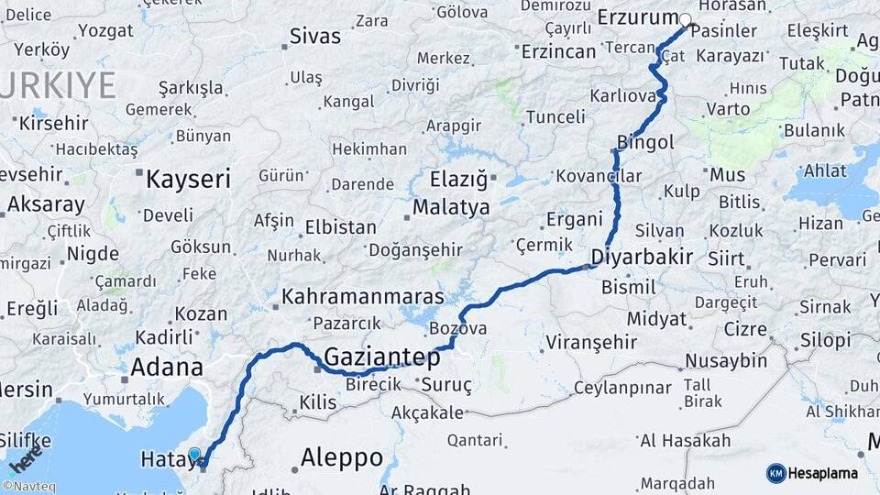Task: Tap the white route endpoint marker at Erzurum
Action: [x=685, y=19]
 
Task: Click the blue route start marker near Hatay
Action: [x=194, y=454]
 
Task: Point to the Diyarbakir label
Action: [x=642, y=257]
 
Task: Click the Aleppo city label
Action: [x=342, y=457]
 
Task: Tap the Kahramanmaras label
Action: [x=363, y=297]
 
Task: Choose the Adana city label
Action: [x=167, y=368]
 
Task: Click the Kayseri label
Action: [x=188, y=179]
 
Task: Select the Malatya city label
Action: [x=451, y=207]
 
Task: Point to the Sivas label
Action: [x=314, y=37]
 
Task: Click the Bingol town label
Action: [x=646, y=142]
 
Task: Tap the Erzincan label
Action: [x=558, y=51]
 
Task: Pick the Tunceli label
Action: [x=555, y=116]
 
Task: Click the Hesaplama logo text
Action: [x=823, y=473]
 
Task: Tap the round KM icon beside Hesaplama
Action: [x=776, y=473]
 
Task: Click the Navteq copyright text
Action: [x=28, y=487]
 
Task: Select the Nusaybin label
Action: [x=726, y=360]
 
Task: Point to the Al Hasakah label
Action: [x=685, y=441]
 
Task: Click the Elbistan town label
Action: [x=341, y=226]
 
